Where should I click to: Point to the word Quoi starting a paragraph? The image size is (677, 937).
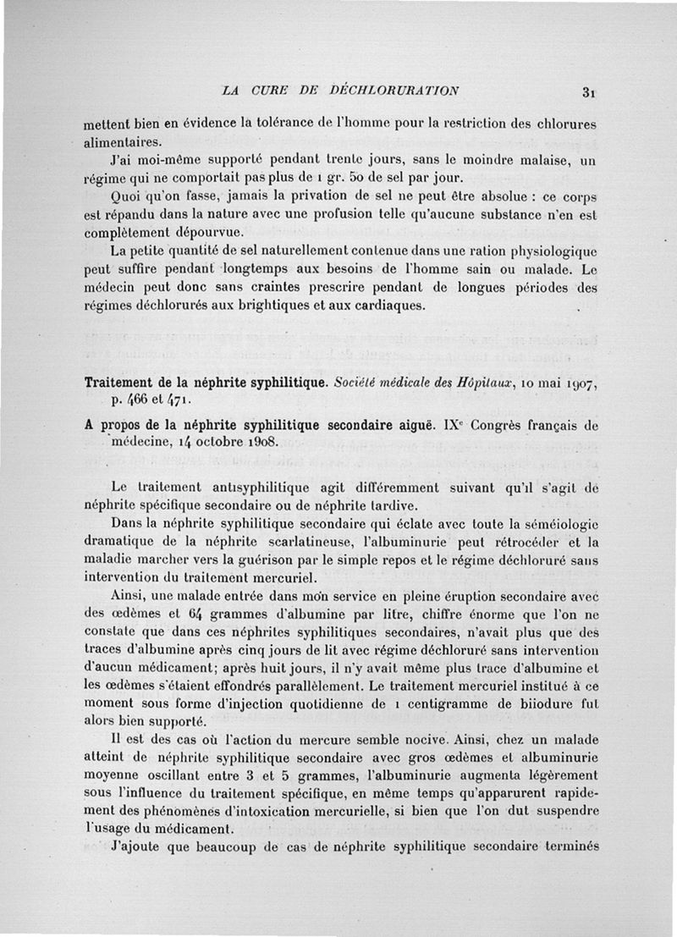pyautogui.click(x=129, y=196)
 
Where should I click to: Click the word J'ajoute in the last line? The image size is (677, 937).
pyautogui.click(x=138, y=849)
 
